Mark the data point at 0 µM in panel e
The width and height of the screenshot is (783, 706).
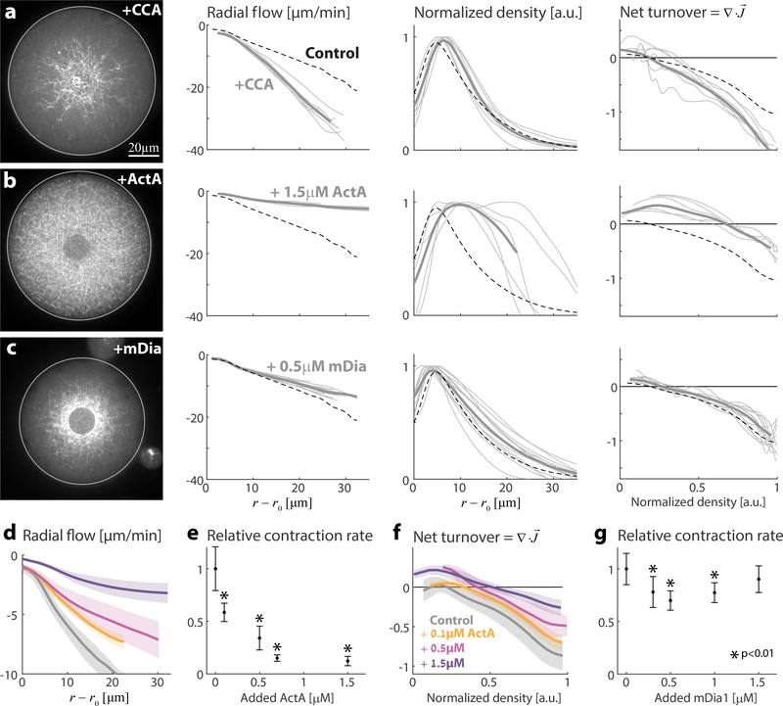tap(214, 568)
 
